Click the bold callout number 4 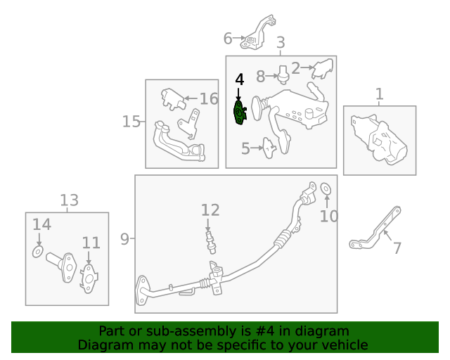[239, 79]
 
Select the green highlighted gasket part [239, 112]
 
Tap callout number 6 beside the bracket [228, 39]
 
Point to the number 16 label [209, 98]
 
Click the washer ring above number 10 [326, 188]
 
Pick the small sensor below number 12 [211, 242]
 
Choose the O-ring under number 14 [38, 252]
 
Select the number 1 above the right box [380, 94]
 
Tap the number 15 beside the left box [131, 122]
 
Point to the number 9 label [124, 239]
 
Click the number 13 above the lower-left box [69, 200]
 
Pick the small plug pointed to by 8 [283, 75]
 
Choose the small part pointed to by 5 [269, 148]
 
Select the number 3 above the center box [281, 42]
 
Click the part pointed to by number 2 [323, 69]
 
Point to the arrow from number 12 [208, 225]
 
